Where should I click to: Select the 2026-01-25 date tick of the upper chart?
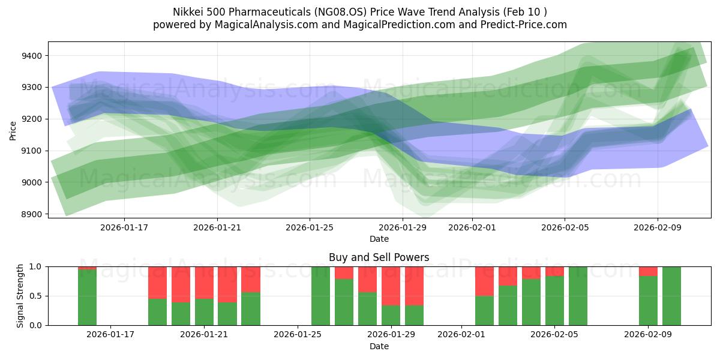(x=310, y=227)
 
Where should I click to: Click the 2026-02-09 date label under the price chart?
(x=658, y=227)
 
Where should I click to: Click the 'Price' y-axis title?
(x=13, y=130)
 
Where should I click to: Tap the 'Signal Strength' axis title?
(x=20, y=296)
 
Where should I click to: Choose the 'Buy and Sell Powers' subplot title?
(x=379, y=257)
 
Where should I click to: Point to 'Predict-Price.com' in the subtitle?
(x=525, y=25)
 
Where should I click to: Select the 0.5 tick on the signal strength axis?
(x=35, y=296)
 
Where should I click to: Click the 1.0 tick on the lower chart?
(x=35, y=266)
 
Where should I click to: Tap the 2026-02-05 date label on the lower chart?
(x=555, y=335)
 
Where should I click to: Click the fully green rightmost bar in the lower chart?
(x=671, y=296)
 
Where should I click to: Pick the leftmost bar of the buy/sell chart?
(x=87, y=296)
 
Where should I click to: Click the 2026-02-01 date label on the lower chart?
(x=461, y=335)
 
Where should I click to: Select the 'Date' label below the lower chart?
(x=379, y=346)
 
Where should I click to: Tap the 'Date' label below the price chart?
(x=379, y=239)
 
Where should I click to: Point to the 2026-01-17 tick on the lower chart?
(x=111, y=335)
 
